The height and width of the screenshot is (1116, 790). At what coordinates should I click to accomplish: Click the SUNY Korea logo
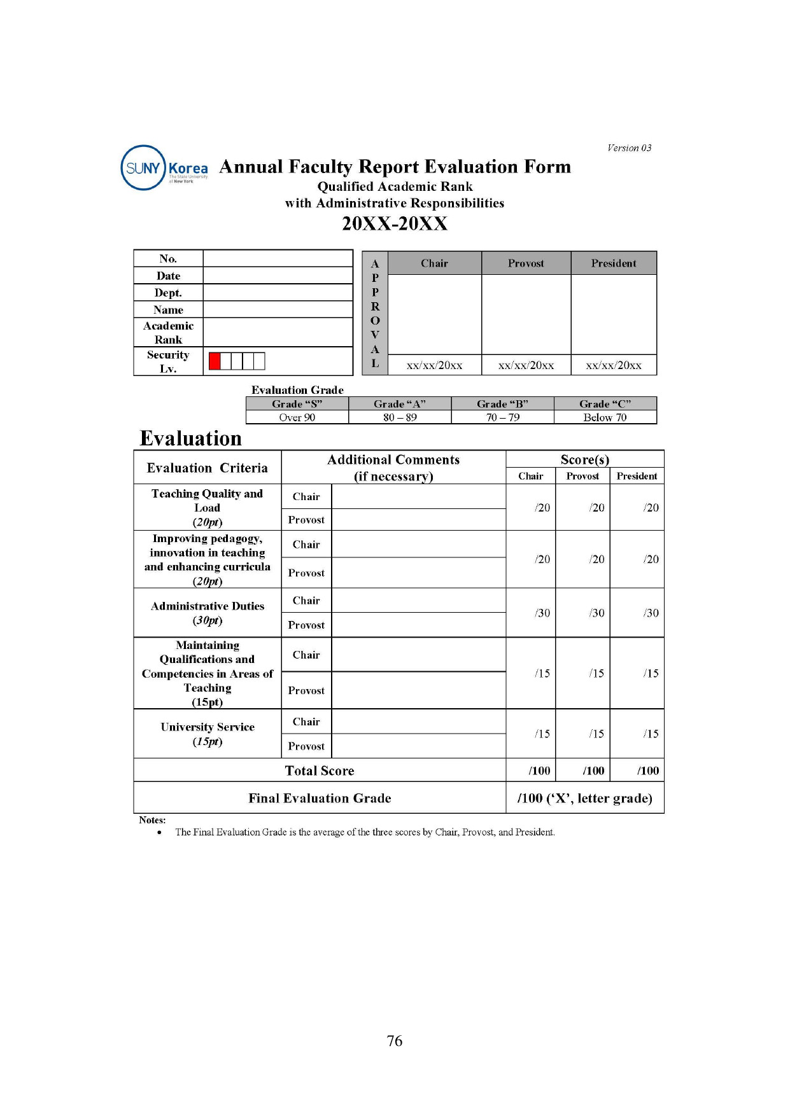tap(164, 168)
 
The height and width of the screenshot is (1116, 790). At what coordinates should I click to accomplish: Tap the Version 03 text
tap(629, 148)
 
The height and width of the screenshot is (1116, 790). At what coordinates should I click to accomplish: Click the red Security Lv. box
tap(215, 361)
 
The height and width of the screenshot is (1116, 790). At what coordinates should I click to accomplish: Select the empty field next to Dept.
tap(278, 293)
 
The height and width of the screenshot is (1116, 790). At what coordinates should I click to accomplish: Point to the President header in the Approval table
tap(613, 263)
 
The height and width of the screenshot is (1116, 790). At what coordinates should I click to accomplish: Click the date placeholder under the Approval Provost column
tap(526, 365)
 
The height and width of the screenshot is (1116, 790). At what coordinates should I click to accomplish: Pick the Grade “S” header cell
tap(297, 404)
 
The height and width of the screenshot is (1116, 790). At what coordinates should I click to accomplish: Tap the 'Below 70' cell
tap(605, 417)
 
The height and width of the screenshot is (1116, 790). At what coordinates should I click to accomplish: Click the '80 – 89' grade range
tap(400, 417)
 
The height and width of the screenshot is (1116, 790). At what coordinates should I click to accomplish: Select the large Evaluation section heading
tap(191, 438)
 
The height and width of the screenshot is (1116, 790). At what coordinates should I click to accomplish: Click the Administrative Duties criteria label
tap(208, 613)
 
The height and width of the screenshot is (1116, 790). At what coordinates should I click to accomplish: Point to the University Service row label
tap(208, 734)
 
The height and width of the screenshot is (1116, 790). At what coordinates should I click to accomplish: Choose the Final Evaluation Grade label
tap(320, 798)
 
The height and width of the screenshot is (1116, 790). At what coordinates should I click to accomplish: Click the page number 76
tap(395, 1041)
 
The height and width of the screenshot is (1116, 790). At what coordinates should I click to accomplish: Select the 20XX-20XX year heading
tap(395, 224)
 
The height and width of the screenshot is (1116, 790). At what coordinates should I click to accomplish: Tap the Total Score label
tap(320, 771)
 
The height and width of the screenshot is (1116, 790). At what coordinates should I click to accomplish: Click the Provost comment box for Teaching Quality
tap(418, 520)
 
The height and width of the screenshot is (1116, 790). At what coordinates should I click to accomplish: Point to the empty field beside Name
tap(278, 310)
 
